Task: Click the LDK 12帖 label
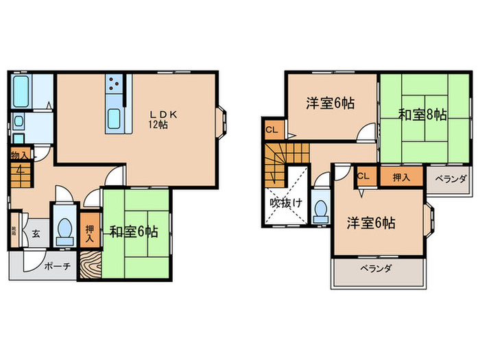(163, 119)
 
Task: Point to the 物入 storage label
(19, 156)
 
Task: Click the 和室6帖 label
(134, 232)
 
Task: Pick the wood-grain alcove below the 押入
(90, 265)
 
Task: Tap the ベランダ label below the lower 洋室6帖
(374, 269)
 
